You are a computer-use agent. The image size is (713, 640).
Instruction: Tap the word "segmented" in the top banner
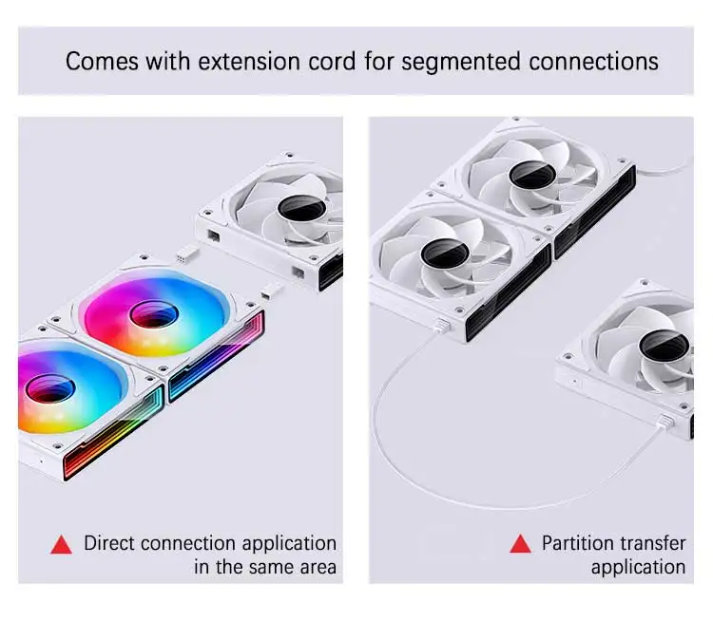click(x=461, y=63)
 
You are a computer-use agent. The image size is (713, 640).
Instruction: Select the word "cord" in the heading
click(x=332, y=62)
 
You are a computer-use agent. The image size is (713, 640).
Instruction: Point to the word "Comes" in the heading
click(x=102, y=62)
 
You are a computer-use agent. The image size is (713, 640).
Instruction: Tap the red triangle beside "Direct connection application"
click(x=62, y=545)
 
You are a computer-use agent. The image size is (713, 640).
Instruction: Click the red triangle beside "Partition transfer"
click(x=521, y=544)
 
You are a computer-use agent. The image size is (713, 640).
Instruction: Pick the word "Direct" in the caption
click(x=109, y=543)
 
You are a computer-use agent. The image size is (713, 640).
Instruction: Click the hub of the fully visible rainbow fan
click(x=154, y=313)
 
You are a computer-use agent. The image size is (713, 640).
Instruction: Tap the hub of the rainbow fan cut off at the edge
click(x=50, y=388)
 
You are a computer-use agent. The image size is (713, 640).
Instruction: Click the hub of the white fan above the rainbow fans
click(x=301, y=210)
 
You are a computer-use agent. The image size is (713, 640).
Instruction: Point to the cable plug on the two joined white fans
click(x=441, y=326)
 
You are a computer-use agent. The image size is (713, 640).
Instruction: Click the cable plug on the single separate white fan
click(x=665, y=422)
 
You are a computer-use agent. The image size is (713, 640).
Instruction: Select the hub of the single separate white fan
click(x=664, y=347)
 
